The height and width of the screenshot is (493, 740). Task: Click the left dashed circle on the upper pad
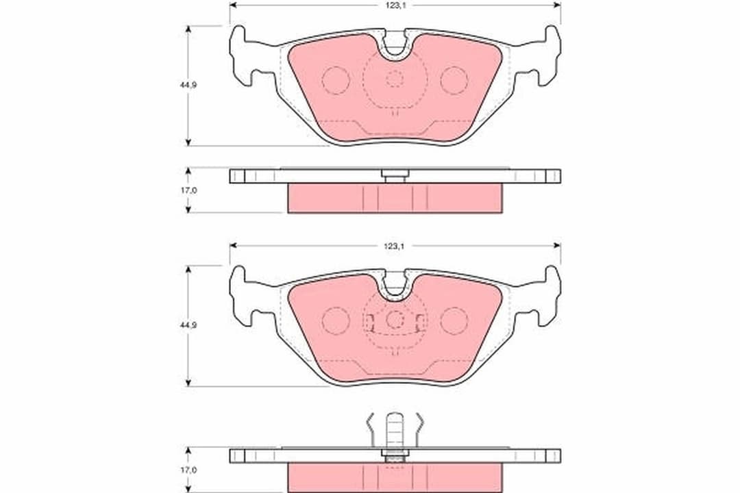tap(336, 80)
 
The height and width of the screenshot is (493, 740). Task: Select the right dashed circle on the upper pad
tap(454, 80)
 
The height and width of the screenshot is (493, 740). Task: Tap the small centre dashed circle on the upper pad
tap(395, 79)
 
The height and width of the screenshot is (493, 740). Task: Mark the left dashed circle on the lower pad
tap(336, 320)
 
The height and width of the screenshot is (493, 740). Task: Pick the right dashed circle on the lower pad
tap(454, 320)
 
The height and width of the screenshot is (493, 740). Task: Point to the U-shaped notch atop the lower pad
tap(395, 285)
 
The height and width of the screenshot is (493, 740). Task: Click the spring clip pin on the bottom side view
tap(395, 431)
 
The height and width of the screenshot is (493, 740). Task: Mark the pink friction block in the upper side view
tap(395, 198)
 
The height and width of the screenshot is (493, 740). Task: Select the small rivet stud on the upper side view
tap(395, 176)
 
